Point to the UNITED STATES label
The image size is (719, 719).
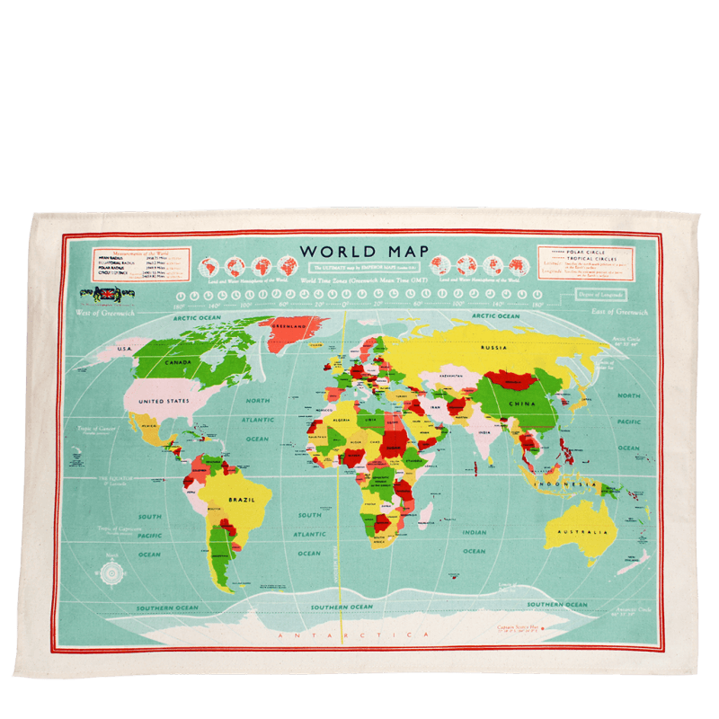coord(164,401)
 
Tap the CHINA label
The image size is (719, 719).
coord(522,404)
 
